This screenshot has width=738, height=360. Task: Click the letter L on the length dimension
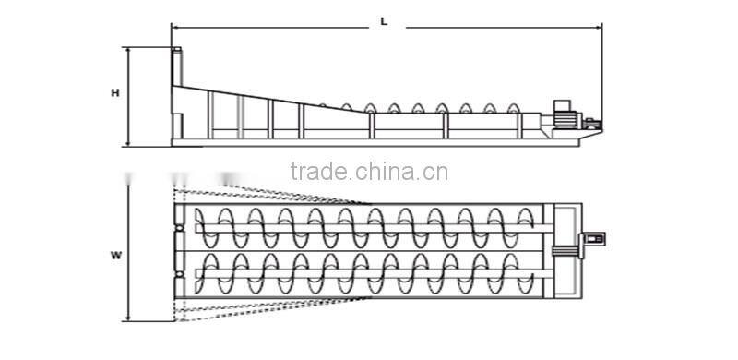384,20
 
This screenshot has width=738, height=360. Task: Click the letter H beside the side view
114,93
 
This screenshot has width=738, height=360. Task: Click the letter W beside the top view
114,254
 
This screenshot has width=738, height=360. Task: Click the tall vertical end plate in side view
175,92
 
